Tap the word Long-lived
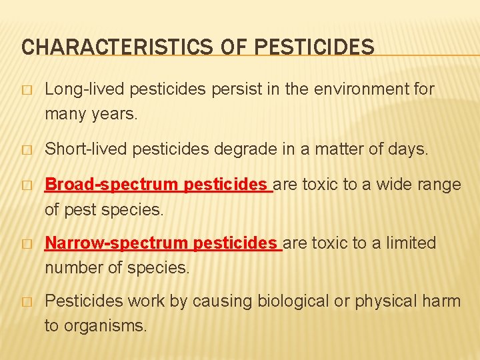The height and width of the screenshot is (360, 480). (x=85, y=89)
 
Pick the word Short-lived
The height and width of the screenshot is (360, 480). (x=87, y=149)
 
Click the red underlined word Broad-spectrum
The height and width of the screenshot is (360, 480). (x=111, y=185)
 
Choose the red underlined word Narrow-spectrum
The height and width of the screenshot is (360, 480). (x=116, y=243)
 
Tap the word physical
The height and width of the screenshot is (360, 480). (x=385, y=301)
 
